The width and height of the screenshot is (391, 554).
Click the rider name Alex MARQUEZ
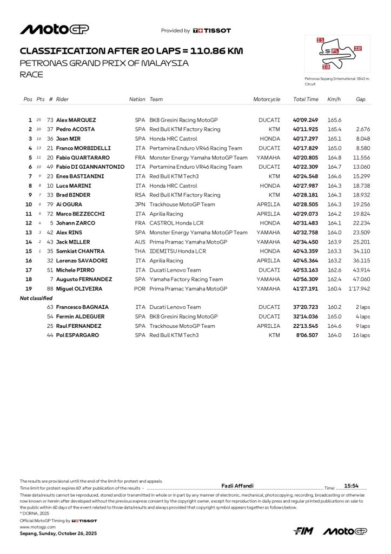(x=76, y=120)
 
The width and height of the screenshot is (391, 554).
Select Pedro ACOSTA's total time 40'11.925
(x=306, y=129)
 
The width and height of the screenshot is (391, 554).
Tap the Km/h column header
(x=333, y=100)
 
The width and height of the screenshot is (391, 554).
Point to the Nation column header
(x=137, y=100)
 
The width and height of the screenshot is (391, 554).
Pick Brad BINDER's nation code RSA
(x=140, y=195)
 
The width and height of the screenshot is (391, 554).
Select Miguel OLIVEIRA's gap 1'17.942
(x=359, y=289)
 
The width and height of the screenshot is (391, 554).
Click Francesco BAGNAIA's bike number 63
(x=50, y=307)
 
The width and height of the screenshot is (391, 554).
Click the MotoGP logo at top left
(x=54, y=29)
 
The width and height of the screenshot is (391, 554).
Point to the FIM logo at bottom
(x=303, y=531)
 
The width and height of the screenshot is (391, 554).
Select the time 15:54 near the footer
(x=352, y=486)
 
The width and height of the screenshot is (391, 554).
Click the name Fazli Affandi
(x=237, y=486)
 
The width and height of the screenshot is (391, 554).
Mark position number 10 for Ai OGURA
(x=29, y=205)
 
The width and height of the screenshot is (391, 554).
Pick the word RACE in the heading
(x=31, y=75)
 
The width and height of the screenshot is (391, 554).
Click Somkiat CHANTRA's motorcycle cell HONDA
(x=269, y=251)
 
